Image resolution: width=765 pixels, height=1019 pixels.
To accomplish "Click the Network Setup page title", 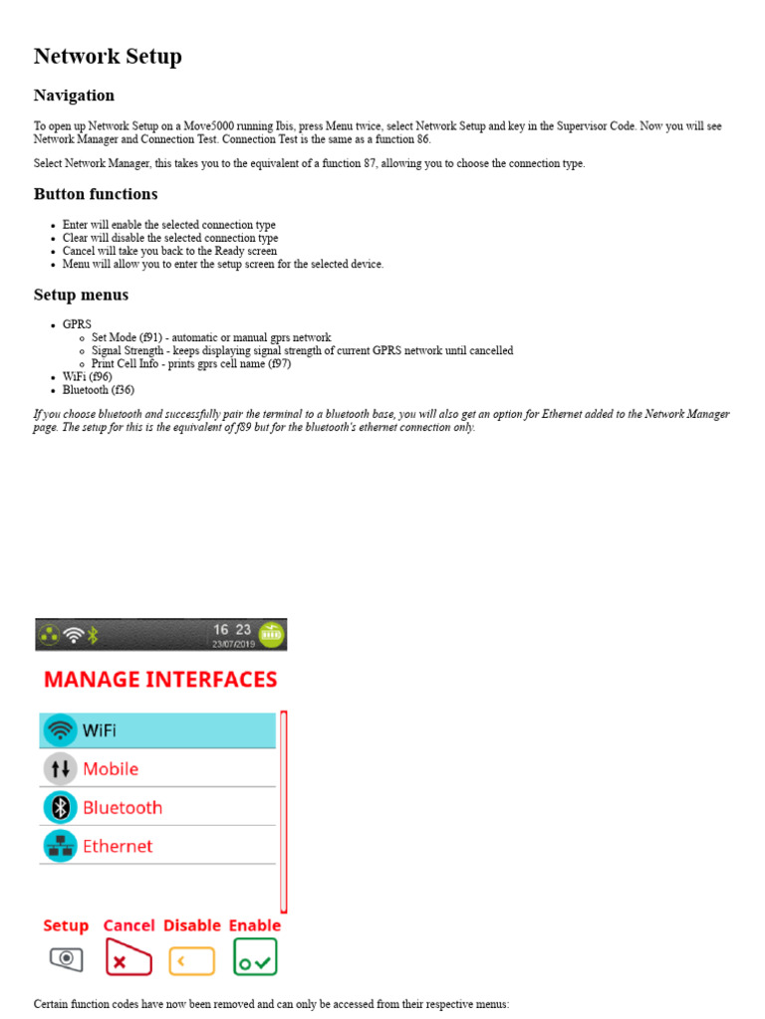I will click(x=108, y=57).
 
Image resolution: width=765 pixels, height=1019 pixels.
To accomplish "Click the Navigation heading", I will click(x=74, y=96).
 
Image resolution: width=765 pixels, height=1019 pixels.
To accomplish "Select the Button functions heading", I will click(x=96, y=194).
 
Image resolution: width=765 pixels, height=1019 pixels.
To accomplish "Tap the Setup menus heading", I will click(x=81, y=295).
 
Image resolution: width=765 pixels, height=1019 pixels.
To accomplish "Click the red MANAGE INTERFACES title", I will click(x=160, y=680).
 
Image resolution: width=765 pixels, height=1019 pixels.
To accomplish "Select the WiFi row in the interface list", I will click(x=157, y=730).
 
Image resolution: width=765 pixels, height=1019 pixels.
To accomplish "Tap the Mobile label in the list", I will click(x=111, y=768).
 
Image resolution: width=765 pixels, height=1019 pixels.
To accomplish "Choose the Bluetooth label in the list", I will click(x=123, y=807).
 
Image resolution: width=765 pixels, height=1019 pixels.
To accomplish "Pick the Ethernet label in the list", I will click(x=118, y=846).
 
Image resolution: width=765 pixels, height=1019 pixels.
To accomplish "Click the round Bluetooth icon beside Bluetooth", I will click(x=60, y=807).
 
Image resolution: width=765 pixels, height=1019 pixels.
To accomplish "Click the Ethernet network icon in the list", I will click(x=60, y=846).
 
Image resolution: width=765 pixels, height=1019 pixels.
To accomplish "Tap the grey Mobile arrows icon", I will click(x=60, y=768).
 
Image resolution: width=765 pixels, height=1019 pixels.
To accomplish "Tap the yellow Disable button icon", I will click(x=192, y=960).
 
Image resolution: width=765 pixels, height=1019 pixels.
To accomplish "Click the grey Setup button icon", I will click(x=66, y=959).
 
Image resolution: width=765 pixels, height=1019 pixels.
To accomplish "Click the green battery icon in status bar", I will click(x=271, y=634).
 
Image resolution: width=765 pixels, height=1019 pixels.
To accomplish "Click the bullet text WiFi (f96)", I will click(x=88, y=377).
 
